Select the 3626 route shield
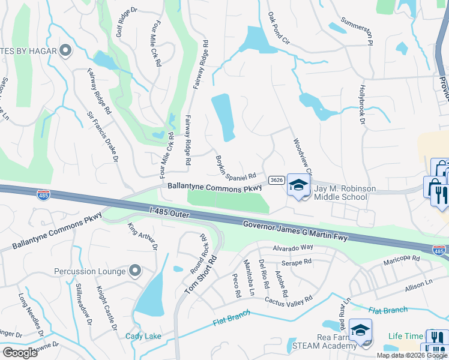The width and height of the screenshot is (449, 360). click(x=277, y=179)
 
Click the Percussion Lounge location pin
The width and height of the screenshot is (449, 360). click(x=136, y=271)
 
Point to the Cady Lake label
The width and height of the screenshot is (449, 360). click(x=143, y=336)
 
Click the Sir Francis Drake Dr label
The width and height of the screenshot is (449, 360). click(x=103, y=136)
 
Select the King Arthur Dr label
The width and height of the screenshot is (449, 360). click(x=142, y=236)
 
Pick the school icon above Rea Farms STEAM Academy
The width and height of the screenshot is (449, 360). click(x=360, y=329)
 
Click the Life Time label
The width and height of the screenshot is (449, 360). click(x=405, y=336)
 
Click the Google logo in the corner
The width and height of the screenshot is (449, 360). click(x=20, y=352)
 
